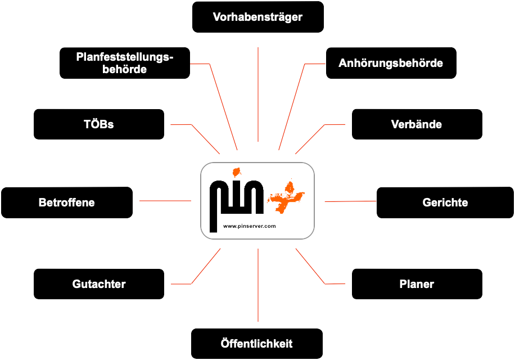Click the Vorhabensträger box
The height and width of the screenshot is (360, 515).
coord(258,17)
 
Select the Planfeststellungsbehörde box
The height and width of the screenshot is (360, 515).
coord(125,63)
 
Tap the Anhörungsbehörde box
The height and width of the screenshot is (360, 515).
coord(391,63)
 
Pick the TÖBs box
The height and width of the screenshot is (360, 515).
coord(99,124)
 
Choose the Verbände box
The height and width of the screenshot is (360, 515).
coord(417,124)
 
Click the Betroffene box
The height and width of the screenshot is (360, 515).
coord(67,202)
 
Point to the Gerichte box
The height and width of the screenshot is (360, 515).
coord(445,202)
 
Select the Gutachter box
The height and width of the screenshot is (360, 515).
coord(99,284)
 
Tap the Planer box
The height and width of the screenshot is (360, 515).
coord(417,284)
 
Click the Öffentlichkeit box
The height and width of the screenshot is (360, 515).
coord(257,344)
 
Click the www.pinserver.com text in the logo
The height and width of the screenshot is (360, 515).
coord(249,226)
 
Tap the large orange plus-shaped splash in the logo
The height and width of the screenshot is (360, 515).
coord(287,196)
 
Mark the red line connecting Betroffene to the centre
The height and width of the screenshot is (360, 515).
coord(165,200)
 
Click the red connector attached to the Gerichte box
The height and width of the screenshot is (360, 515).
coord(350,201)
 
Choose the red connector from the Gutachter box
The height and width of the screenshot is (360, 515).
coord(206,266)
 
